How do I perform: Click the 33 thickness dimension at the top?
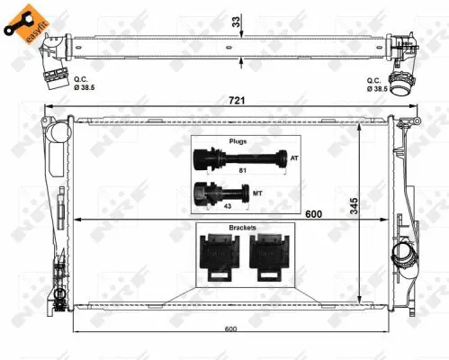coord(236,19)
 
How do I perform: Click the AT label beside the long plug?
coord(293,159)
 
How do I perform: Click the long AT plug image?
coord(238,160)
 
